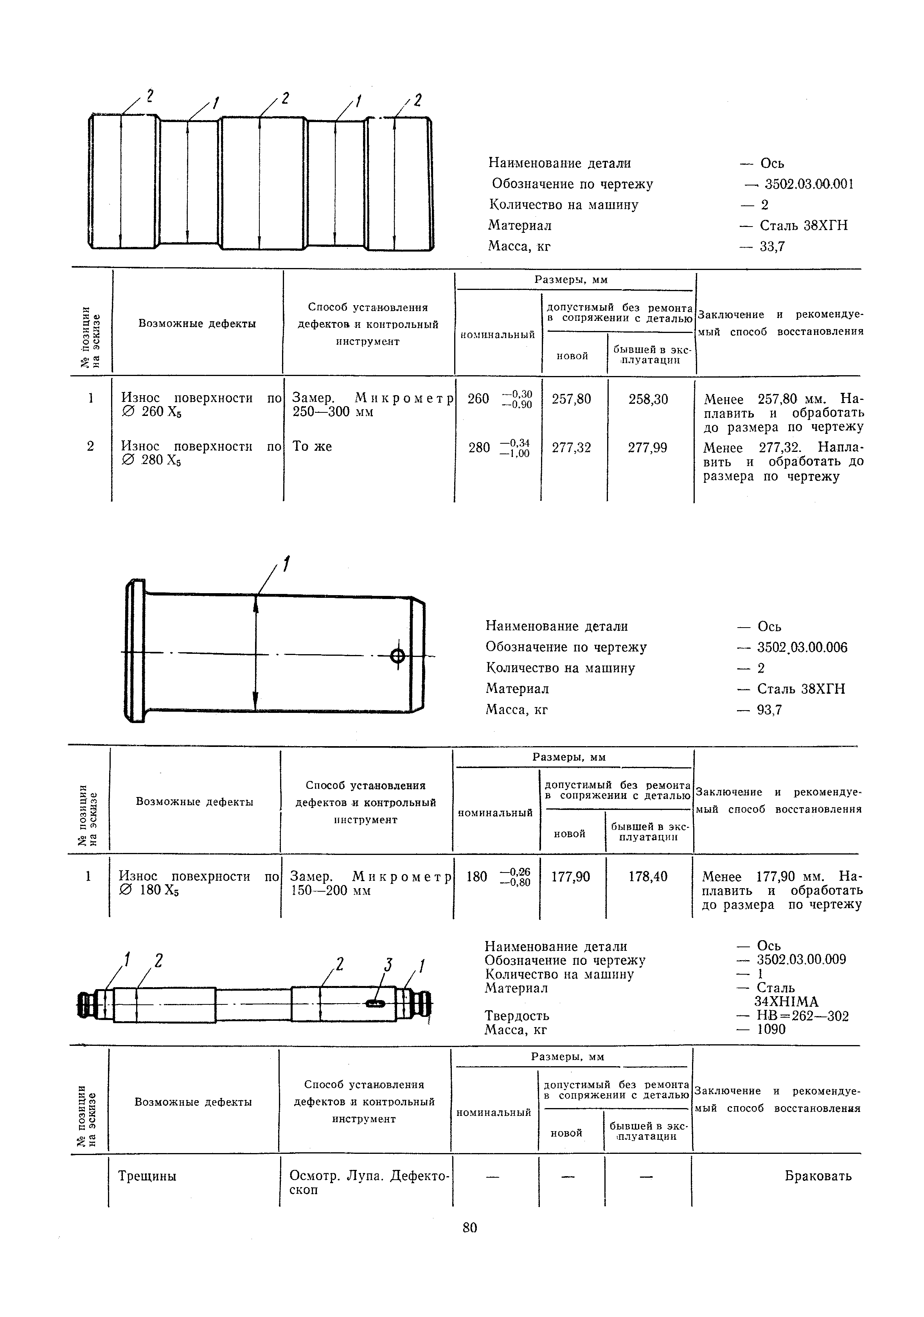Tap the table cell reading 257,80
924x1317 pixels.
point(571,399)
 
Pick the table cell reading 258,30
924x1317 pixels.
point(648,399)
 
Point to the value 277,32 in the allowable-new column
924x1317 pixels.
point(571,448)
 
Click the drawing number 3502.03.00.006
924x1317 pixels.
point(802,648)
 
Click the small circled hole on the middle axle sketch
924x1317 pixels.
point(397,656)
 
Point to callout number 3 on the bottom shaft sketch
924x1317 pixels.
point(388,965)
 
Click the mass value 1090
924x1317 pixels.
point(771,1030)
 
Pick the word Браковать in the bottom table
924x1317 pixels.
point(818,1177)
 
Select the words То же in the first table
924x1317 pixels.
point(312,447)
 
